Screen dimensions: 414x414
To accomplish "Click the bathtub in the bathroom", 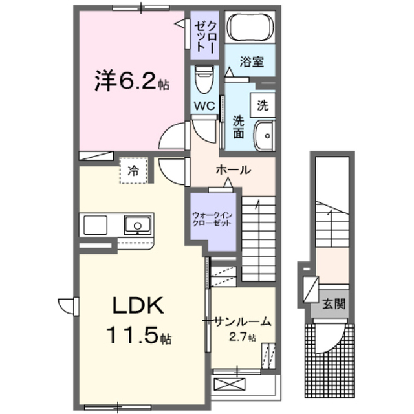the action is (250, 27).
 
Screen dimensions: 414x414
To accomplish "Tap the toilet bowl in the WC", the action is (204, 79).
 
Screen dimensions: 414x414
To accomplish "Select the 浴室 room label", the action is (252, 61).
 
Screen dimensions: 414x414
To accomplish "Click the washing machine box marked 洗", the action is (263, 105).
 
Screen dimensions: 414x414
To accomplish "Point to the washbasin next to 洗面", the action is (265, 136).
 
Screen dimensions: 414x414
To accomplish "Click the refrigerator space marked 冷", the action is (133, 171).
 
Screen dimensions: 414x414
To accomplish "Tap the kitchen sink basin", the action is (138, 225).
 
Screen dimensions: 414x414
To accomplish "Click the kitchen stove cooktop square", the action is (95, 225).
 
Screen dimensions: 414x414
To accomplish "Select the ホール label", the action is (234, 170).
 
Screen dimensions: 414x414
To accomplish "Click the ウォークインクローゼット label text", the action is (212, 219).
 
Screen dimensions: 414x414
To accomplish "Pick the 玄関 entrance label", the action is (334, 304).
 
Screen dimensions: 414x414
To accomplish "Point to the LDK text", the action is (138, 305).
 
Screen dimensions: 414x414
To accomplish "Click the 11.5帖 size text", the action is (139, 334).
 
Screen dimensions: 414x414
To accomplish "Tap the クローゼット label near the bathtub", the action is (206, 36).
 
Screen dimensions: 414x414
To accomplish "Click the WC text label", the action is (204, 106).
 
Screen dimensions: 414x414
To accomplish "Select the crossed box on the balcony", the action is (230, 384).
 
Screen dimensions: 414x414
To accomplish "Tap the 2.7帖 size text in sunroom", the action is (242, 337).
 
